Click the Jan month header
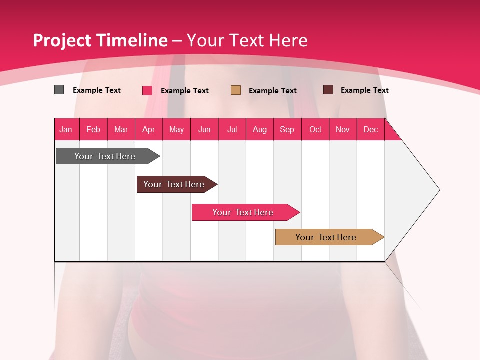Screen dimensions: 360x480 click(x=66, y=130)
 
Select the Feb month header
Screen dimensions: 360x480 click(x=93, y=130)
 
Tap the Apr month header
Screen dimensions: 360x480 click(x=148, y=130)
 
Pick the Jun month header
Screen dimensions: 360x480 click(x=204, y=130)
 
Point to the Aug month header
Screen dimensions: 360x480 click(x=259, y=130)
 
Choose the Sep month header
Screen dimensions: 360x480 click(x=287, y=130)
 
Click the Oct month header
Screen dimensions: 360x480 click(x=315, y=130)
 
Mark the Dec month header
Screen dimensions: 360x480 click(x=370, y=130)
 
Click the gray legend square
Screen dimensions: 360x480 click(x=59, y=90)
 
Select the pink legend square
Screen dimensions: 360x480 click(x=147, y=90)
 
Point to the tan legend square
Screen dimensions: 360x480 click(x=236, y=90)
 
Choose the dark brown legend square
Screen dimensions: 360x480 click(x=328, y=90)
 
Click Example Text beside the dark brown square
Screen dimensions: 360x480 click(x=364, y=90)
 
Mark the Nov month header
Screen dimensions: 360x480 click(x=343, y=130)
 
